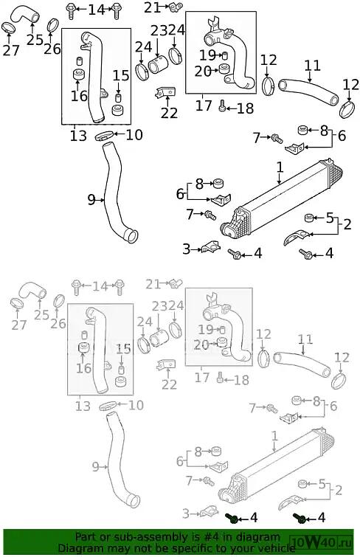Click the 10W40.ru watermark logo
322,543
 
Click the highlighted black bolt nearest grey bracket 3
233,518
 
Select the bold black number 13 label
78,135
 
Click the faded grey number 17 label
202,377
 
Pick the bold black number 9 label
91,200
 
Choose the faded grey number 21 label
153,284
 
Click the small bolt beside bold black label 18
223,105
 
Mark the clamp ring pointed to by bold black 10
105,136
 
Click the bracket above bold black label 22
165,92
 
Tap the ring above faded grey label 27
17,304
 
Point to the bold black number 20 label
203,72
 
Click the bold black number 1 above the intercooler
280,167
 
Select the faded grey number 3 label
186,513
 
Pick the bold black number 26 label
52,49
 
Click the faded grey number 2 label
339,491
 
